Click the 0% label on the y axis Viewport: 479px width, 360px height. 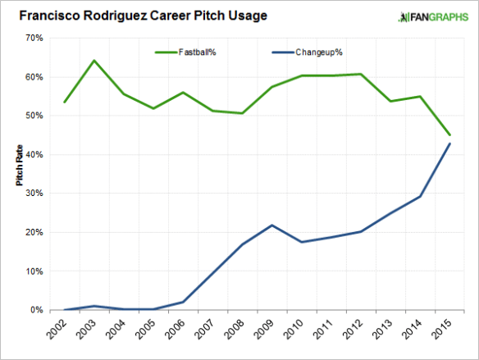pyautogui.click(x=36, y=310)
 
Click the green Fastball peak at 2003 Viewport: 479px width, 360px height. pyautogui.click(x=94, y=60)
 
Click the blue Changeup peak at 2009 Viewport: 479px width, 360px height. pyautogui.click(x=272, y=225)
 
